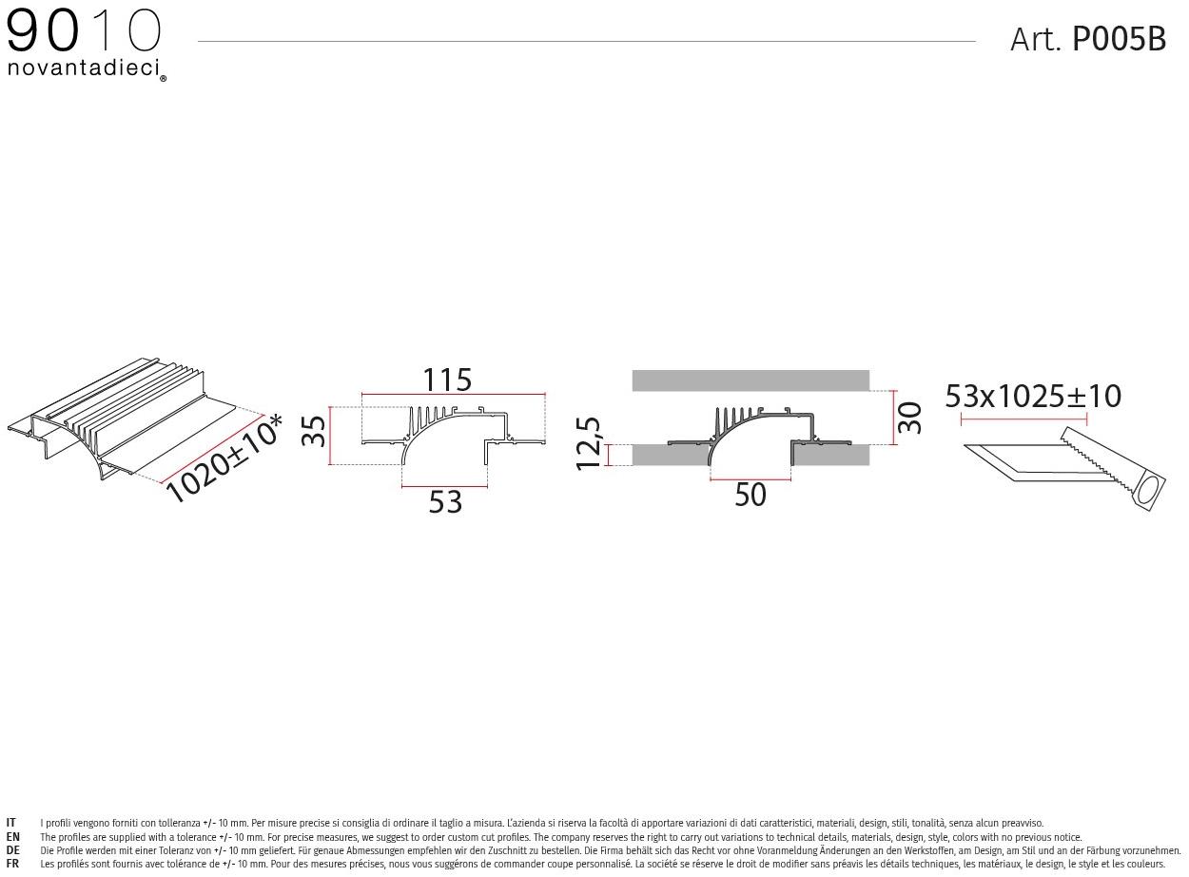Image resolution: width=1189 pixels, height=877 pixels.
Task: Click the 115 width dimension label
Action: tap(447, 380)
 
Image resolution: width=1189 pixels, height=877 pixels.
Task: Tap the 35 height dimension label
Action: tap(314, 432)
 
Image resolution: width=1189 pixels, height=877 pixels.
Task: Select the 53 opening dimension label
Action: tap(445, 502)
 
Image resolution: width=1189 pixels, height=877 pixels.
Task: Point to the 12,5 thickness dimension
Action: tap(588, 443)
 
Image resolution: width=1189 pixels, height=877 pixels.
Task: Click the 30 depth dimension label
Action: tap(908, 418)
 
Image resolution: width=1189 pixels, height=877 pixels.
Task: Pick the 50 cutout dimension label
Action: tap(750, 495)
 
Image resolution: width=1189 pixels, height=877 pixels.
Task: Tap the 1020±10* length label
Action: tap(224, 458)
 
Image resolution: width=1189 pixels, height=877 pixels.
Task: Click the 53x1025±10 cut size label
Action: tap(1032, 396)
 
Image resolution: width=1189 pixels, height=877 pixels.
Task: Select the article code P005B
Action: tap(1119, 40)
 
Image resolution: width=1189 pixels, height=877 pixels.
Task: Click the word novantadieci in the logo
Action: tap(84, 68)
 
